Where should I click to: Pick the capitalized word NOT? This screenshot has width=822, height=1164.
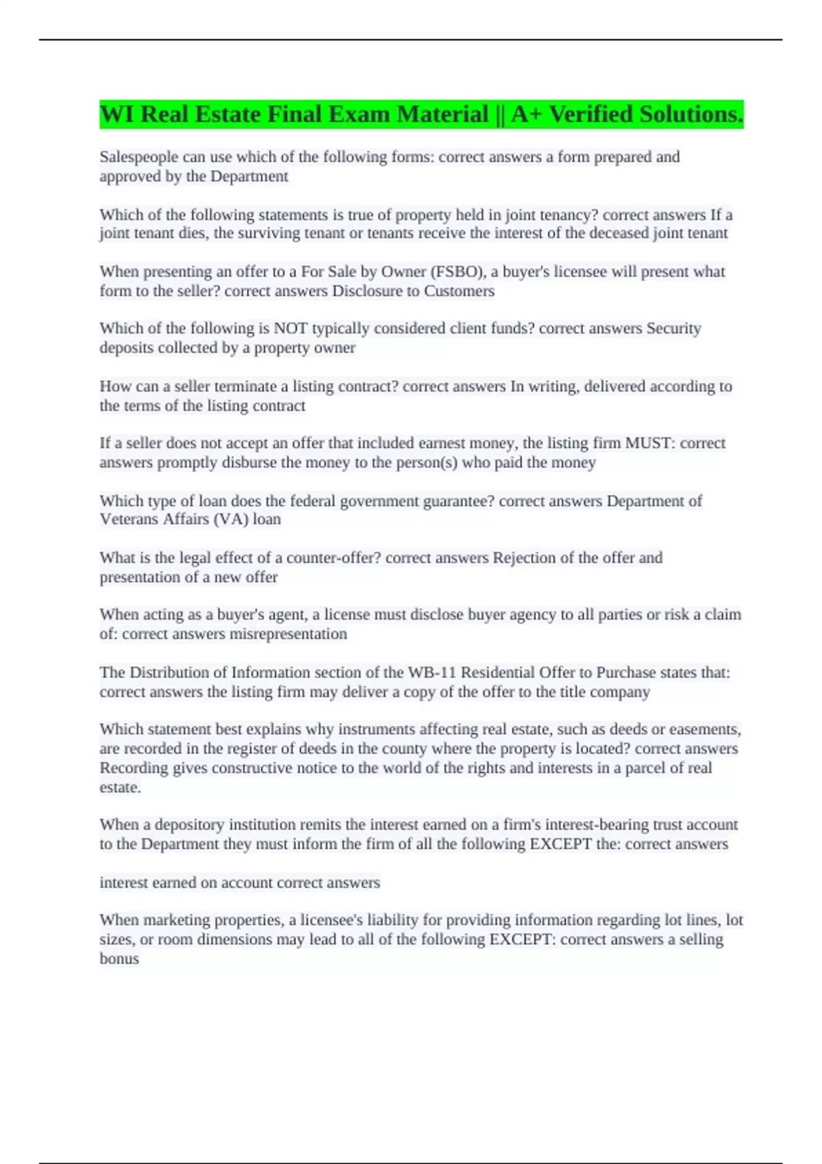(291, 329)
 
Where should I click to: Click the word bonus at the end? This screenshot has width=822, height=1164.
(119, 959)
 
